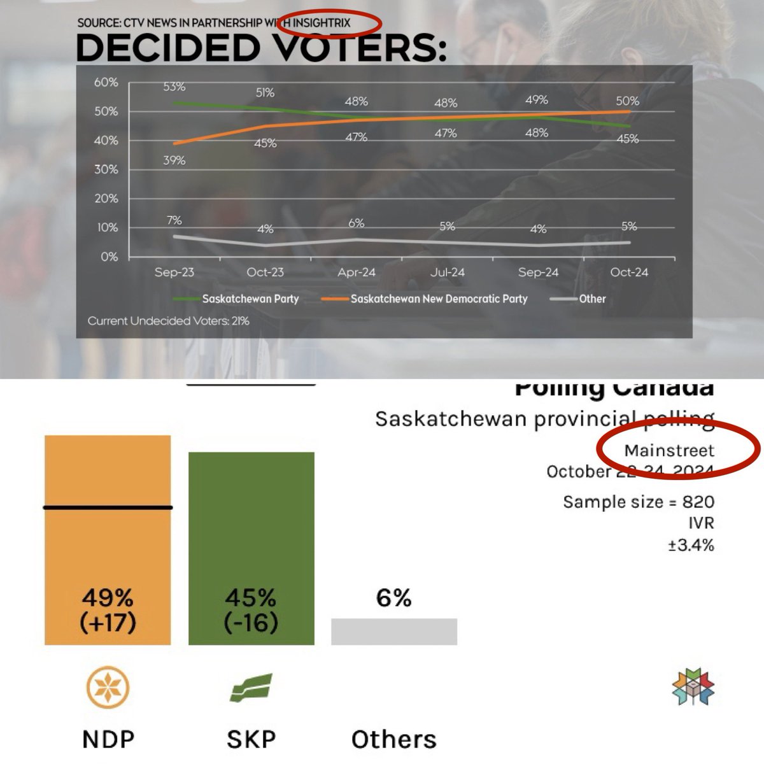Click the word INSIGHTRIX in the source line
tap(322, 23)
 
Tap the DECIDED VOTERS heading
tap(261, 48)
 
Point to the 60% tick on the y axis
tap(106, 82)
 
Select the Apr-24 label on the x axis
tap(356, 272)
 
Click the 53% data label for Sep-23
tap(174, 87)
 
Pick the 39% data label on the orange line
tap(174, 160)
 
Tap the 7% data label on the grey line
tap(174, 220)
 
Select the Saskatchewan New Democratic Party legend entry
tap(439, 299)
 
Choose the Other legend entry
tap(591, 299)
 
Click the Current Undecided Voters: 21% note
tap(168, 321)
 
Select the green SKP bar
tap(251, 548)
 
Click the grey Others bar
tap(393, 631)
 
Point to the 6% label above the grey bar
tap(393, 598)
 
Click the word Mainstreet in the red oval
tap(669, 451)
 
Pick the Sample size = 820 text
tap(638, 502)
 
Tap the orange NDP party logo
tap(108, 688)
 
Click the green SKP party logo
tap(251, 688)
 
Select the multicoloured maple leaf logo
tap(693, 687)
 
